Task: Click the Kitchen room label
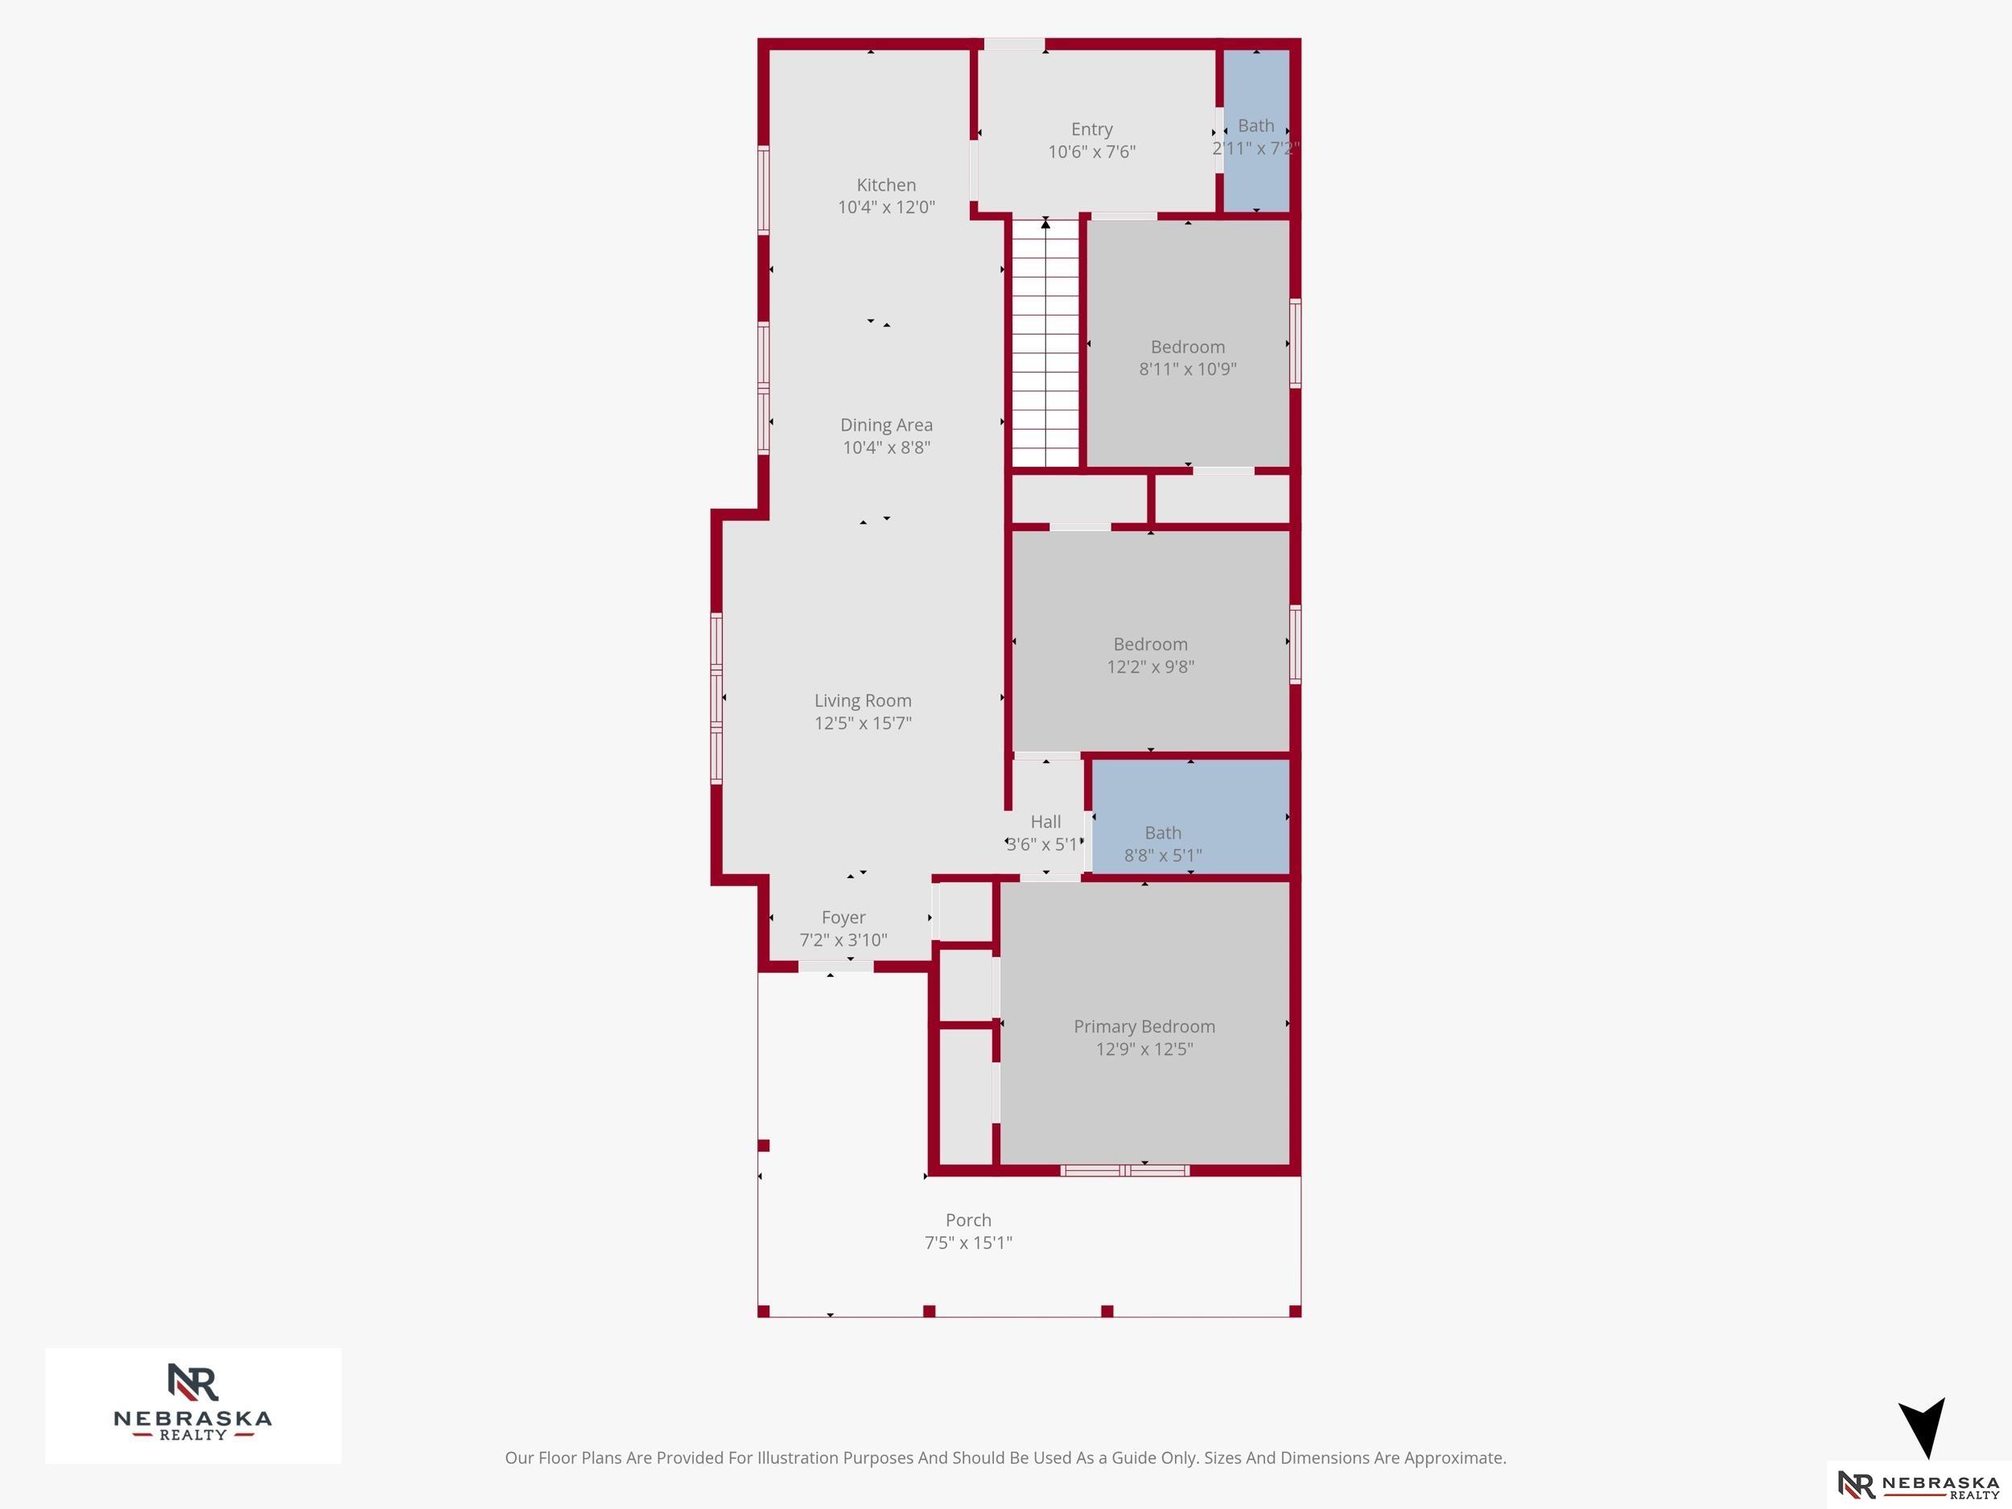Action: coord(886,184)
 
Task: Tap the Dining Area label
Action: coord(886,425)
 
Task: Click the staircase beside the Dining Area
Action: coord(1046,343)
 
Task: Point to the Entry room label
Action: coord(1091,129)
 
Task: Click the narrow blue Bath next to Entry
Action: coord(1256,130)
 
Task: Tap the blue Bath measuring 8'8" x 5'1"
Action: coord(1189,817)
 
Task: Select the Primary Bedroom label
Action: coord(1144,1026)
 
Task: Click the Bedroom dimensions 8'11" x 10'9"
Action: coord(1188,369)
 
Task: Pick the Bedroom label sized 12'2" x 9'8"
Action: coord(1151,644)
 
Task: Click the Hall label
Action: coord(1046,822)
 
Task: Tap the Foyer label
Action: coord(843,917)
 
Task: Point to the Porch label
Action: coord(969,1220)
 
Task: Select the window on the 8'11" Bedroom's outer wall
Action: coord(1295,343)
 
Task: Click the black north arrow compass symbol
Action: coord(1922,1427)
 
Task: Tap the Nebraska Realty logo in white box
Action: coord(193,1405)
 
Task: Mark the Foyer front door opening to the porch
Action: coord(836,967)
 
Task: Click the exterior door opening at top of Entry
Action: coord(1014,43)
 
